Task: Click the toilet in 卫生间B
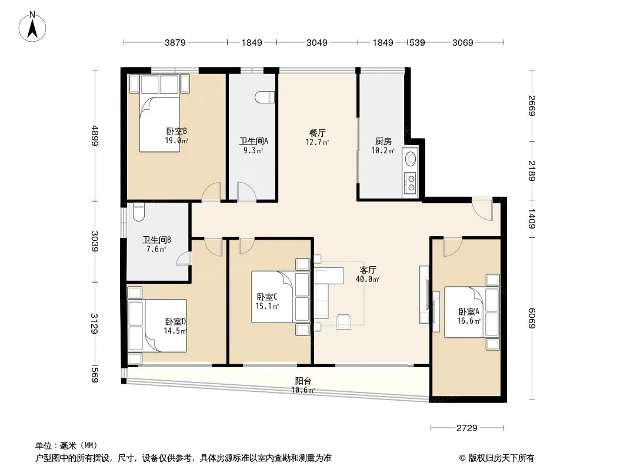click(139, 211)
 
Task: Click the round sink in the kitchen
click(411, 159)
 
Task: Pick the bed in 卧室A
click(467, 312)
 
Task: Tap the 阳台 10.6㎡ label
click(303, 385)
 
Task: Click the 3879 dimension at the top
click(175, 42)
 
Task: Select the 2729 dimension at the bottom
click(466, 428)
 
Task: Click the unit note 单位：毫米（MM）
click(66, 445)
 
